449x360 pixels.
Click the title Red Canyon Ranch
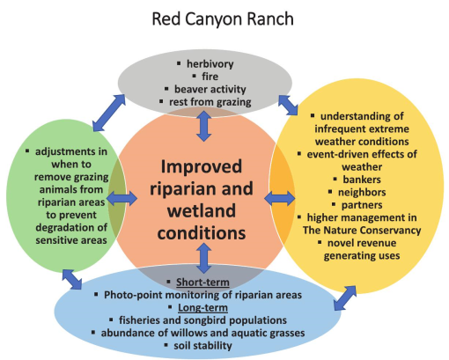pos(223,19)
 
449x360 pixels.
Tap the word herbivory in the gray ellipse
pos(210,63)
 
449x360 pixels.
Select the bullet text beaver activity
pos(210,89)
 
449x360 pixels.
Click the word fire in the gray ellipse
pos(210,77)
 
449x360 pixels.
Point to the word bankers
pos(362,180)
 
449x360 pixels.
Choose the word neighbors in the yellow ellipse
pos(362,192)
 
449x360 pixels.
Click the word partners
pos(362,205)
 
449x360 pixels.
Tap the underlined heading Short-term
pos(202,283)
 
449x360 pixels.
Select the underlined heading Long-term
pos(202,307)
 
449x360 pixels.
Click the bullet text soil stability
pos(202,345)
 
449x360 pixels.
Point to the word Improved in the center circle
pos(202,166)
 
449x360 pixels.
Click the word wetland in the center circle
pos(202,210)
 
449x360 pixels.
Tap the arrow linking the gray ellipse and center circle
pos(204,126)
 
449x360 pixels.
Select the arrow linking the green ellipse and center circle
pos(121,199)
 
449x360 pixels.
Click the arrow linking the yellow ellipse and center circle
pos(280,199)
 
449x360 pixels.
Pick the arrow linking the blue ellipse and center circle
pos(204,258)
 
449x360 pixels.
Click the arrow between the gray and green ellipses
pos(109,113)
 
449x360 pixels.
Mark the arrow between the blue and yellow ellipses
pos(345,298)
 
